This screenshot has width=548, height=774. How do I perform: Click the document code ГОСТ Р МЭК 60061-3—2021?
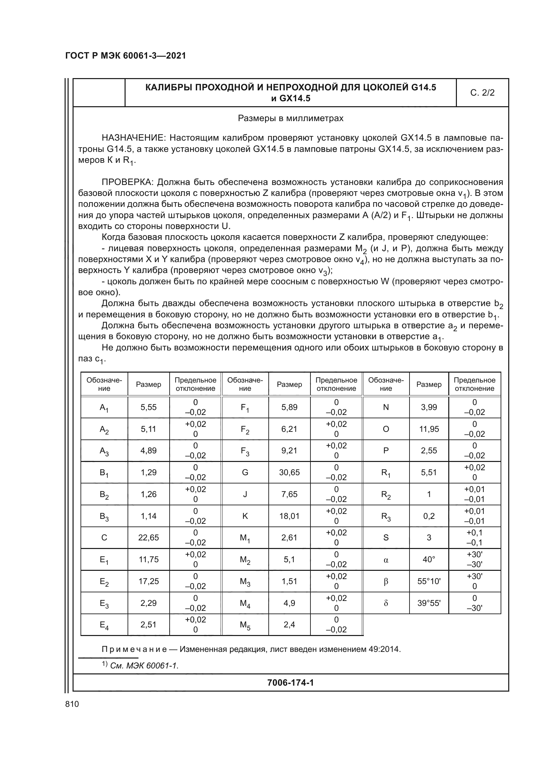pyautogui.click(x=126, y=56)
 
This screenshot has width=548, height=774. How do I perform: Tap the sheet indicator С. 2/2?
pyautogui.click(x=482, y=93)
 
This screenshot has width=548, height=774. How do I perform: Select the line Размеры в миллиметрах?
pyautogui.click(x=291, y=118)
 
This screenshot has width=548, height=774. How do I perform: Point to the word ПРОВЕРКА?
pyautogui.click(x=128, y=182)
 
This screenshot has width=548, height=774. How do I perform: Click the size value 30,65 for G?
pyautogui.click(x=289, y=472)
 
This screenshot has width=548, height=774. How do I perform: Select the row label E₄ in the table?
pyautogui.click(x=104, y=625)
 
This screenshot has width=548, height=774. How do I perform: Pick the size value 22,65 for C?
pyautogui.click(x=148, y=538)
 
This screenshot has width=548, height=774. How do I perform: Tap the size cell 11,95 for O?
pyautogui.click(x=429, y=429)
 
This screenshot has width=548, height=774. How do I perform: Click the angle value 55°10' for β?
pyautogui.click(x=429, y=581)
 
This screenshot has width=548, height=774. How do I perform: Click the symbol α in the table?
pyautogui.click(x=386, y=560)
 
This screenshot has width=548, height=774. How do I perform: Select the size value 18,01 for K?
pyautogui.click(x=289, y=516)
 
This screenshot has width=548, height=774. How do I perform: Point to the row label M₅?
pyautogui.click(x=245, y=625)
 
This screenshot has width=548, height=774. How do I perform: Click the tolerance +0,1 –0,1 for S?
pyautogui.click(x=474, y=538)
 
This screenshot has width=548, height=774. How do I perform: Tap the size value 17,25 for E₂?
pyautogui.click(x=148, y=581)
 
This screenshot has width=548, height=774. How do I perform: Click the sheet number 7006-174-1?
pyautogui.click(x=291, y=683)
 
